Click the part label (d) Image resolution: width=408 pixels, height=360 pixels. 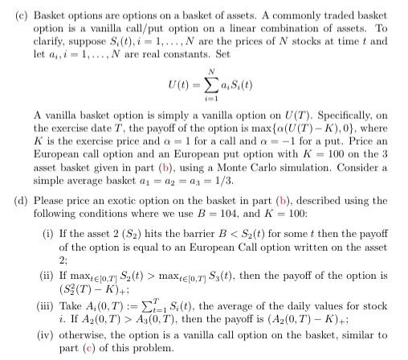pyautogui.click(x=14, y=202)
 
